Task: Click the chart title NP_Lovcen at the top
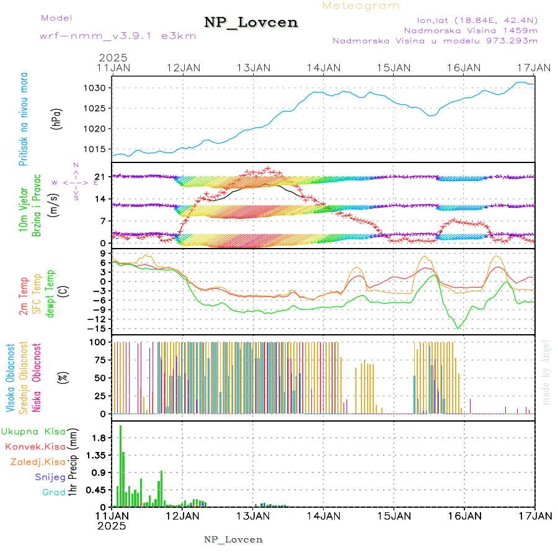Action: (251, 23)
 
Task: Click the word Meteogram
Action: (361, 6)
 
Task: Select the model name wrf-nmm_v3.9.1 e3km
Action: (118, 35)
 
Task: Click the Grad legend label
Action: (54, 492)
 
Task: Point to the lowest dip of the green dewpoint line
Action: (458, 328)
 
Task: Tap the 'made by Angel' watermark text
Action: (546, 372)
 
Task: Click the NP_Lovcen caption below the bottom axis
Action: (233, 539)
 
